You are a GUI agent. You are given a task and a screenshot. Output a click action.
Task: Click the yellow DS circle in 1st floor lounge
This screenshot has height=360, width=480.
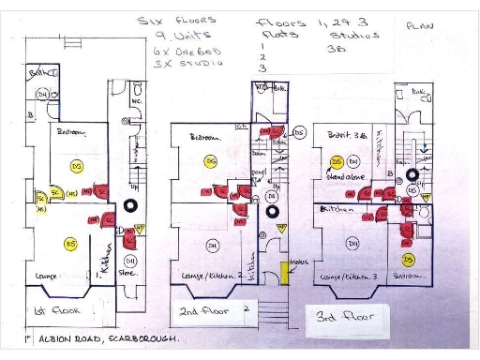point(69,244)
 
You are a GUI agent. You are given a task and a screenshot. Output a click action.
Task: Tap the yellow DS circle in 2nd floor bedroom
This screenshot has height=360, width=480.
point(211,162)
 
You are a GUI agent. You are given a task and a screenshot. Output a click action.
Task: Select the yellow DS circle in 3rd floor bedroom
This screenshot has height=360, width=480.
point(408,259)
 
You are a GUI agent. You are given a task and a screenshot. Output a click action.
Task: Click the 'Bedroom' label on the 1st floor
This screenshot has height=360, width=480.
point(70,133)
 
